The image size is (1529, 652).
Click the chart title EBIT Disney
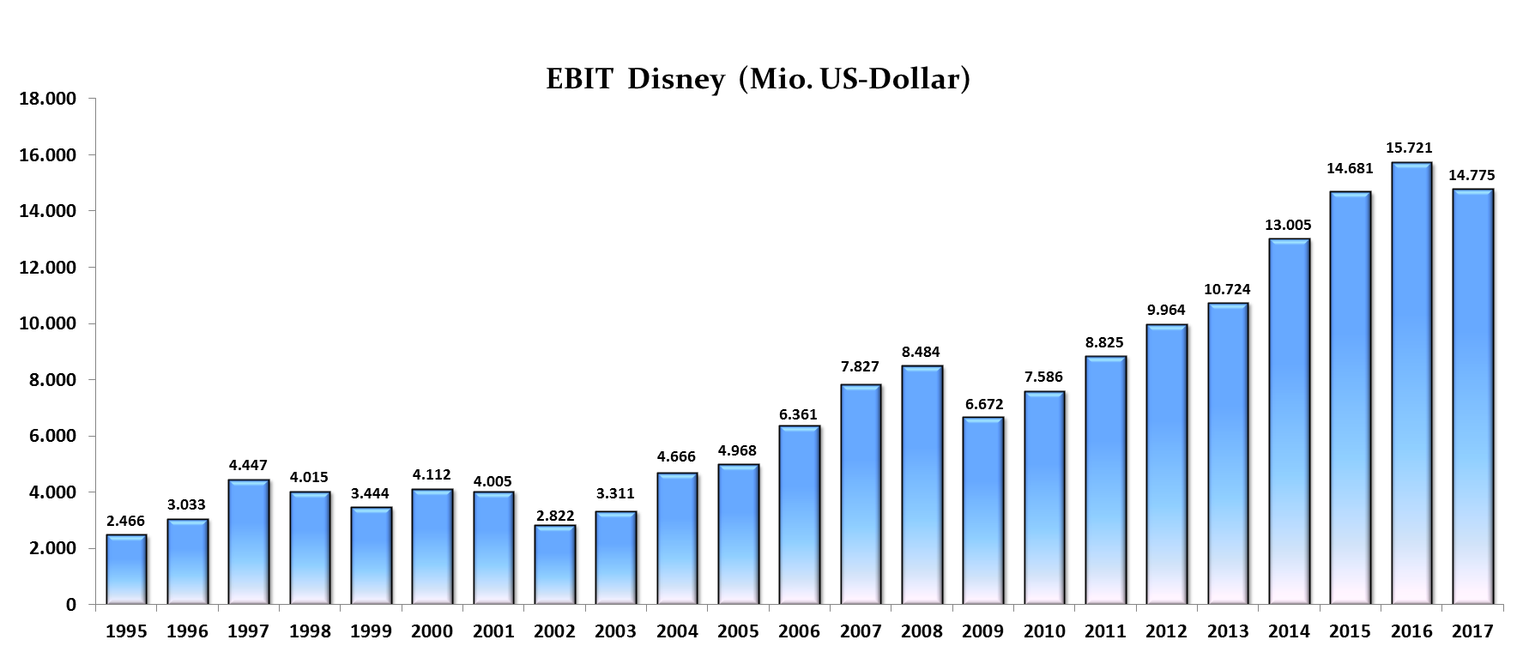[758, 79]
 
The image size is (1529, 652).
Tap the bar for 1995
[126, 570]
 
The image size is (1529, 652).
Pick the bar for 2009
[983, 510]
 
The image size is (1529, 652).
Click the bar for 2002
[554, 564]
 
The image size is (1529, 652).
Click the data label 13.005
[1288, 225]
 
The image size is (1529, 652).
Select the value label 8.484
[921, 352]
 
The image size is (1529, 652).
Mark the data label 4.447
[248, 465]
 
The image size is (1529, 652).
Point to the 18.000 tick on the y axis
[47, 99]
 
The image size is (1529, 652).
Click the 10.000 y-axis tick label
[47, 323]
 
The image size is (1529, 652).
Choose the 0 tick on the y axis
[71, 605]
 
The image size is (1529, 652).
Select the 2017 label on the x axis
[1472, 631]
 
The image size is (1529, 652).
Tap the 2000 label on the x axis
[432, 631]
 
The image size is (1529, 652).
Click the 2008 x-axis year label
[922, 631]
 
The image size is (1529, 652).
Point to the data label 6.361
[799, 414]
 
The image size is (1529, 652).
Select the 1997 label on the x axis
[248, 631]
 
